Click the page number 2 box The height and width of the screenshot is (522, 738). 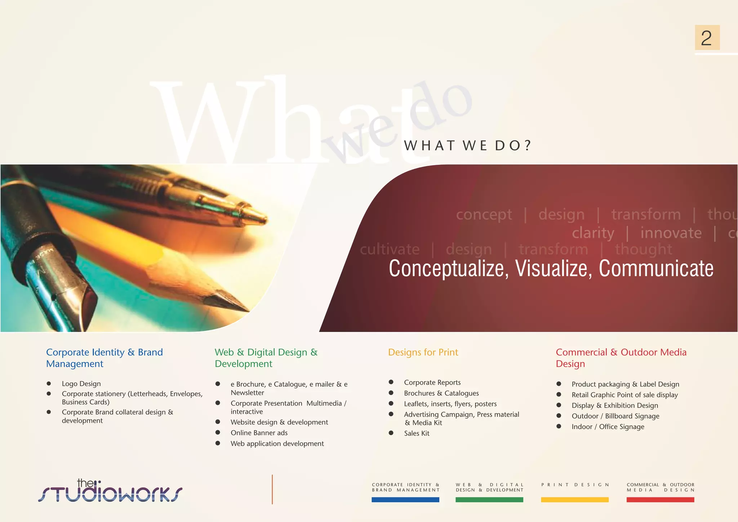(x=707, y=37)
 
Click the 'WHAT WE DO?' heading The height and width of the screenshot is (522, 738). (x=467, y=146)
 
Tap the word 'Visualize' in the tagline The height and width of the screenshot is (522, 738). (x=553, y=269)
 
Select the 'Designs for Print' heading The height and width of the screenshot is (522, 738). (x=423, y=352)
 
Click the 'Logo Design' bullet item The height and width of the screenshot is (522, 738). (x=81, y=384)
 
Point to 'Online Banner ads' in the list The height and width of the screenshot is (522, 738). (x=259, y=433)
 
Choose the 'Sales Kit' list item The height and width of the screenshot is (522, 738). (x=417, y=433)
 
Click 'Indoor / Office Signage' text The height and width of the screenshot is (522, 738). (x=608, y=427)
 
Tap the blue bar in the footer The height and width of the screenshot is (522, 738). (x=405, y=500)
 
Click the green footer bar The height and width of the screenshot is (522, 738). (x=489, y=500)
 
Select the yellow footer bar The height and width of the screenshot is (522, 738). (x=575, y=500)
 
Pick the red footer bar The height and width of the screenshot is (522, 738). (x=660, y=500)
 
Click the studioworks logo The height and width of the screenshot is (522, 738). (x=110, y=491)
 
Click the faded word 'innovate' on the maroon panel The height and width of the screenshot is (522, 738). (x=671, y=233)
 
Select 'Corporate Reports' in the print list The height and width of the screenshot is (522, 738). (x=432, y=382)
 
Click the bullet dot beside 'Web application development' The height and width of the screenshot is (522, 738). (x=218, y=443)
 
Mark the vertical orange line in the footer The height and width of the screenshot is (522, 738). (x=272, y=489)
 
